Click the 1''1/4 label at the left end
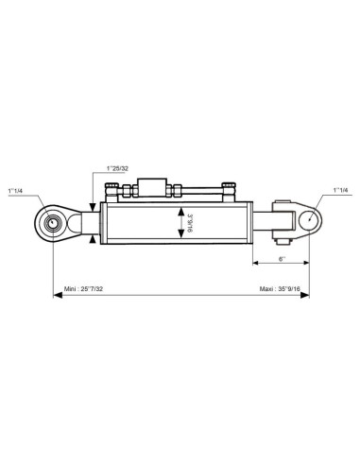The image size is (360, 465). click(x=15, y=191)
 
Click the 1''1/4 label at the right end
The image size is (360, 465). click(x=341, y=190)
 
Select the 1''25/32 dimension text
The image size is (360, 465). click(x=117, y=168)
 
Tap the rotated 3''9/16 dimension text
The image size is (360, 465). click(x=190, y=223)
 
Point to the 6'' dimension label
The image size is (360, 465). click(x=283, y=259)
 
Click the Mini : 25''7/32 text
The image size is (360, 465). click(x=83, y=289)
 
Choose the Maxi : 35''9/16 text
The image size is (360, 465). click(x=280, y=289)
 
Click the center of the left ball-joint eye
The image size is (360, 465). click(x=53, y=223)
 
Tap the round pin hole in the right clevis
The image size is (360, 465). click(x=309, y=220)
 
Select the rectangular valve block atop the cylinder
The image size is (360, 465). click(x=152, y=187)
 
